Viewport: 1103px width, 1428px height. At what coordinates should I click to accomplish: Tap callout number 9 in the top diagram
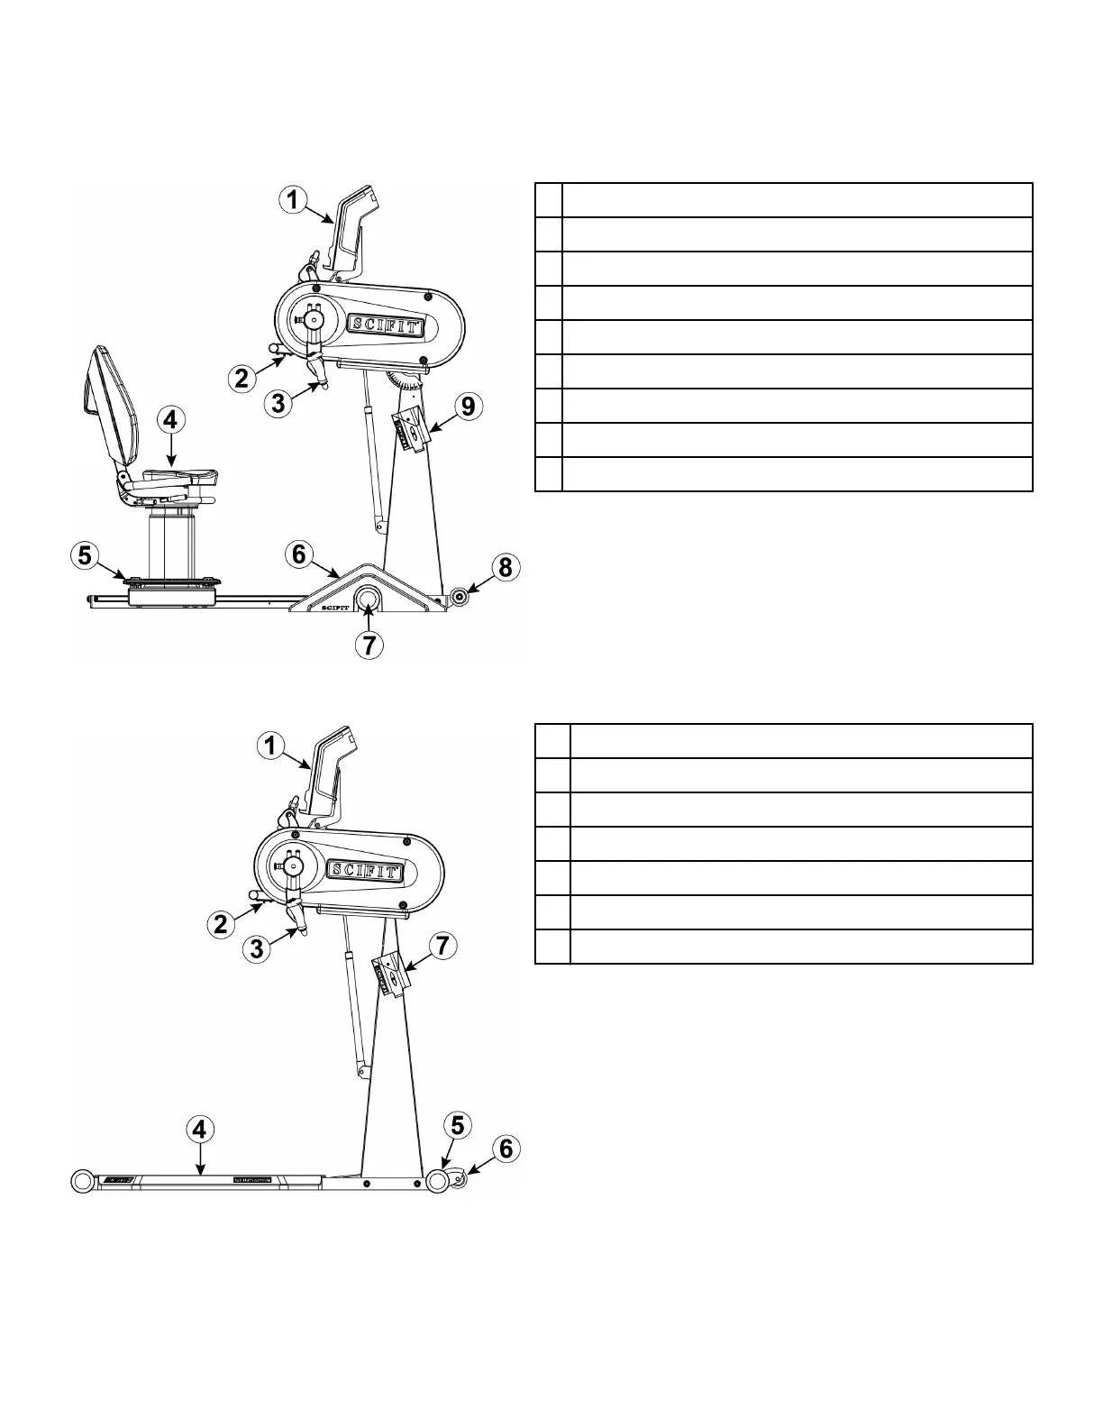467,407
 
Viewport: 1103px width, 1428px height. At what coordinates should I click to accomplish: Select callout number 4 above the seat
171,420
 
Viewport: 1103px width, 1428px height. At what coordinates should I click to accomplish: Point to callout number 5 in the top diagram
85,555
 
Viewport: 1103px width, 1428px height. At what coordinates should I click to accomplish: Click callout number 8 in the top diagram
505,567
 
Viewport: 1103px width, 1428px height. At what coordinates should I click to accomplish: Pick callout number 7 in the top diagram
369,645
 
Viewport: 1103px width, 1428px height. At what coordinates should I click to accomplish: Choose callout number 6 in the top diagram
301,554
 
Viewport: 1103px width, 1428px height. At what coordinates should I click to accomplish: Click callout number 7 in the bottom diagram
441,946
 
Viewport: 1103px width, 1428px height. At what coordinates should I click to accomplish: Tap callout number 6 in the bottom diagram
505,1148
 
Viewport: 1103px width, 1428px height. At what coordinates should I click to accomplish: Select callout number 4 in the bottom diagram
200,1128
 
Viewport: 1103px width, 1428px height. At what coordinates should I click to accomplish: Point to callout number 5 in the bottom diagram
458,1125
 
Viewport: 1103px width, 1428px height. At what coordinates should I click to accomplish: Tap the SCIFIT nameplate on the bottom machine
364,870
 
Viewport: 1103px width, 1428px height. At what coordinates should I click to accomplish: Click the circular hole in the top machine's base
369,598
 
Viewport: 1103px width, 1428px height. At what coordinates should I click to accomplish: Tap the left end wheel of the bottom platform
84,1181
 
